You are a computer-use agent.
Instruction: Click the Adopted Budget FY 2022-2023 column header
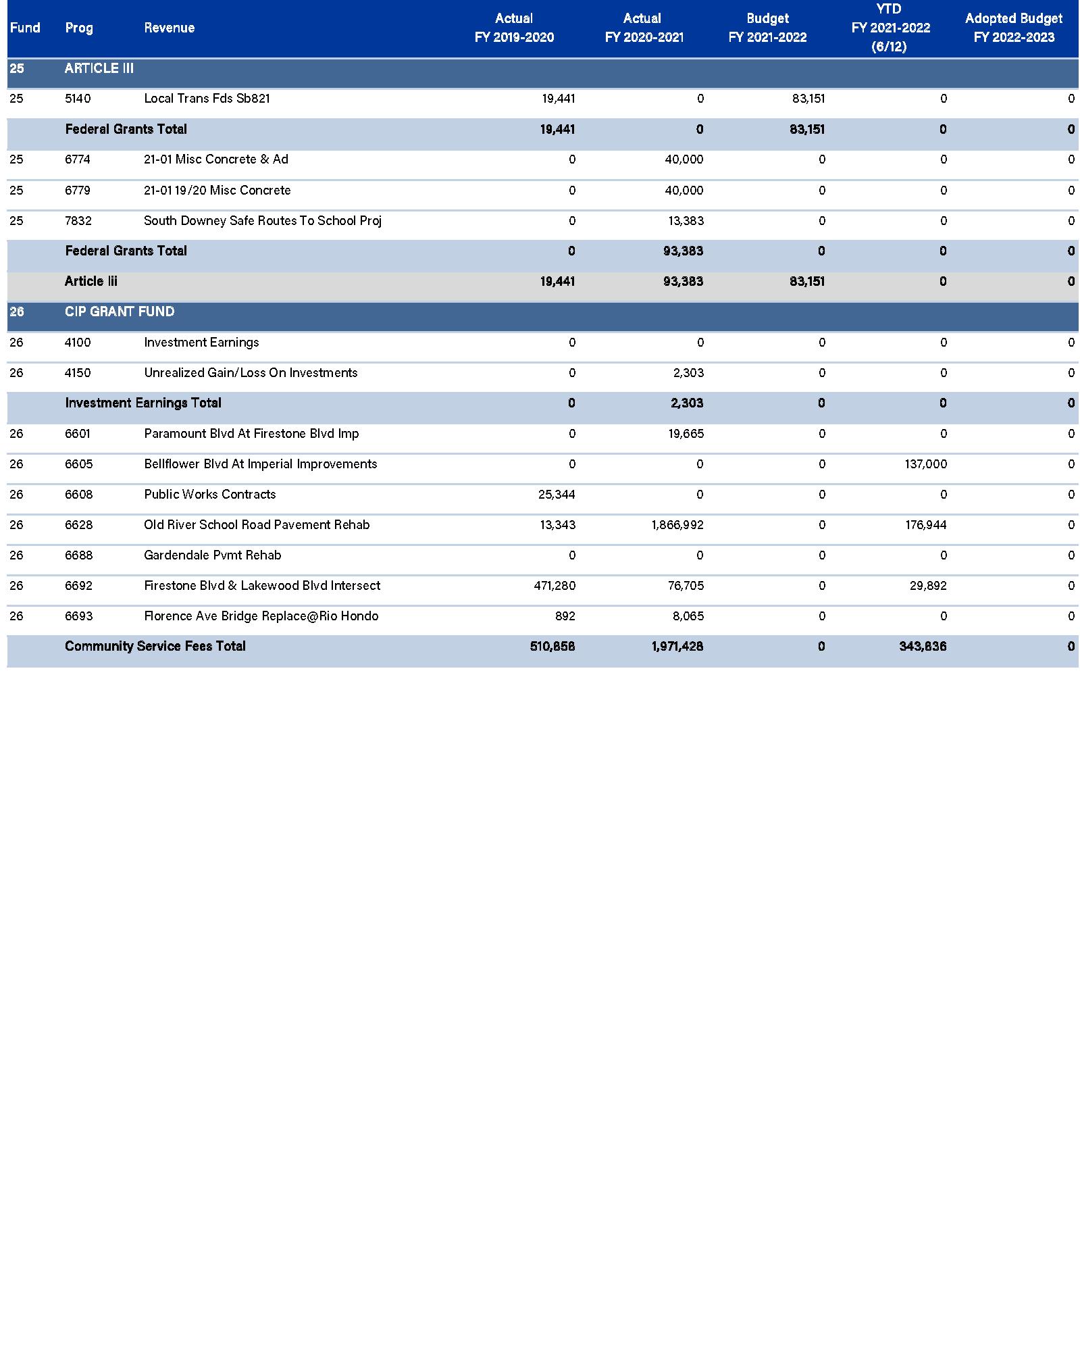coord(1013,28)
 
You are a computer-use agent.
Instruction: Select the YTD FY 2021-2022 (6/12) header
coord(890,28)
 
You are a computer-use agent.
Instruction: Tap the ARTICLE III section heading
coord(99,68)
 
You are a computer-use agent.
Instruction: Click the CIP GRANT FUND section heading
coord(120,311)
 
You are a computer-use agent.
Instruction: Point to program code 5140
coord(78,99)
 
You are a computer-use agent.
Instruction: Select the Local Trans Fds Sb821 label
coord(207,99)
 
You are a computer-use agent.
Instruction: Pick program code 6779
coord(78,191)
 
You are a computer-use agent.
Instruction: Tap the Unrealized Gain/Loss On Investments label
coord(251,373)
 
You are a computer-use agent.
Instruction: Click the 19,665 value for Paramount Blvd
coord(686,434)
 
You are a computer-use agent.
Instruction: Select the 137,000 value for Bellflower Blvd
coord(925,464)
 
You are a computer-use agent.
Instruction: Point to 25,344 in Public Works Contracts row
coord(557,495)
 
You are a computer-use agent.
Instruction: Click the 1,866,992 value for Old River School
coord(677,525)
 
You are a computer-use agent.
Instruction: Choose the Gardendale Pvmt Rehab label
coord(212,555)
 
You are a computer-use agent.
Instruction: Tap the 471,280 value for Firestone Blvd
coord(555,586)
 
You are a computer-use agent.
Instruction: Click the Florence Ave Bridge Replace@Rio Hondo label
coord(261,616)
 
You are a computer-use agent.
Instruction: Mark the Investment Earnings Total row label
coord(143,403)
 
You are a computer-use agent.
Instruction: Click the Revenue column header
coord(169,28)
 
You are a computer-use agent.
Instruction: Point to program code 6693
coord(79,616)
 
